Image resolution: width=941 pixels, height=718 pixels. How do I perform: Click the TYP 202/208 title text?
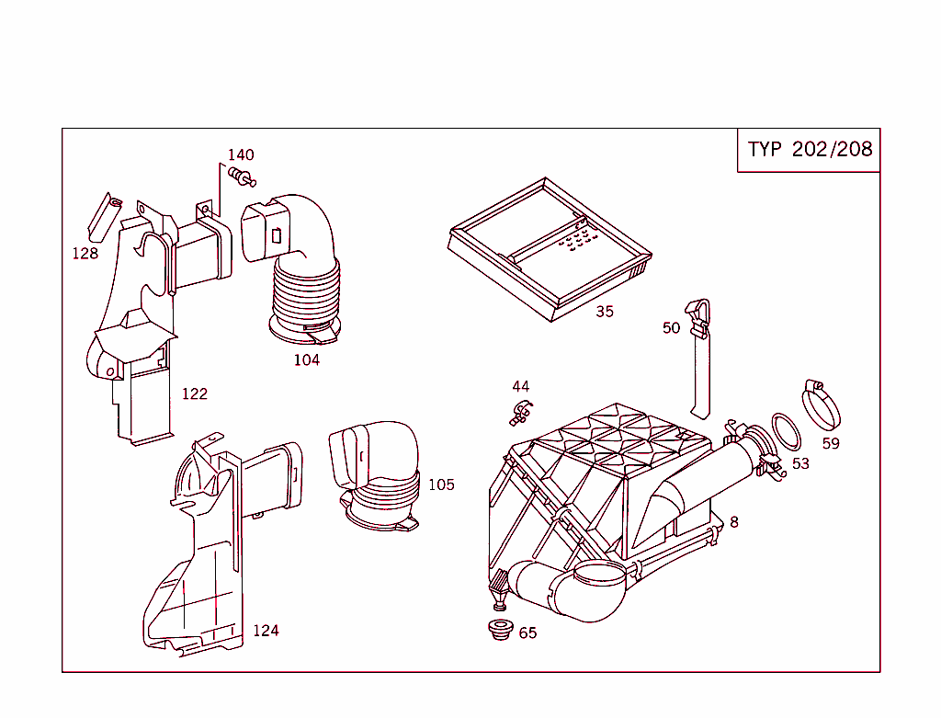point(810,150)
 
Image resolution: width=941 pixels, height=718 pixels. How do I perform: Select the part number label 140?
point(241,155)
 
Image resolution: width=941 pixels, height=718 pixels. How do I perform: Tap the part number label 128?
point(85,254)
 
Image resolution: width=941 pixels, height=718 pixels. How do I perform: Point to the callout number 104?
point(307,360)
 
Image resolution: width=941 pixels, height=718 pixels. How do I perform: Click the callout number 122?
point(194,394)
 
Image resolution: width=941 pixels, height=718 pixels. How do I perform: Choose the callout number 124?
point(266,631)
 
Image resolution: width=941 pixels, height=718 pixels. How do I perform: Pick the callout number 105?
point(441,484)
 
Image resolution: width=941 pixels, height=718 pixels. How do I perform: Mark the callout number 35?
point(604,312)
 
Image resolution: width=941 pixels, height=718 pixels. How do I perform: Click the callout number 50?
point(672,328)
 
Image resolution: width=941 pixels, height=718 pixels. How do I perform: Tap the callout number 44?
point(521,387)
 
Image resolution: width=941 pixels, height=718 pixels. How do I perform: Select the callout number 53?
point(800,463)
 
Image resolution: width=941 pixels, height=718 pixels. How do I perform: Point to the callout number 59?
point(831,443)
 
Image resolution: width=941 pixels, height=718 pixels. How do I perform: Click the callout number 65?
point(527,633)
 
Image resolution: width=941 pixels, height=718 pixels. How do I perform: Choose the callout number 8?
point(734,522)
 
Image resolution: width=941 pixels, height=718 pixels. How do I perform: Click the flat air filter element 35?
point(550,248)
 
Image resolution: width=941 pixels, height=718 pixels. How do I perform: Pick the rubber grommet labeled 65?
point(500,632)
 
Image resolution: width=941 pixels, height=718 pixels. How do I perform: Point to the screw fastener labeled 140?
point(243,176)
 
